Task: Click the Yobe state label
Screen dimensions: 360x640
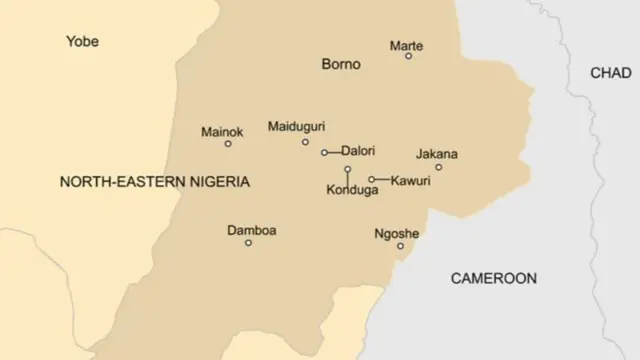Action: [82, 41]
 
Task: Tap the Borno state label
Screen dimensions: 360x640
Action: [340, 64]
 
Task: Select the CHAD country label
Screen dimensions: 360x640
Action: [610, 73]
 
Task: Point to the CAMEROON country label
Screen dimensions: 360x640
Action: [493, 278]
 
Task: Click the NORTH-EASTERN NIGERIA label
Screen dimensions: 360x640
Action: [155, 182]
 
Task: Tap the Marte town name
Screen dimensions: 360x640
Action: [406, 46]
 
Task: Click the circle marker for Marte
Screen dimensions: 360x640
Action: [408, 56]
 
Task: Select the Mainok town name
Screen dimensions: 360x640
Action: [222, 131]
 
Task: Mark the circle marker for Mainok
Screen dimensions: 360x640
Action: [228, 144]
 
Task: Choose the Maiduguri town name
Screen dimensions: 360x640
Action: [297, 126]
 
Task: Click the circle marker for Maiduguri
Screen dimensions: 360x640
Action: [305, 142]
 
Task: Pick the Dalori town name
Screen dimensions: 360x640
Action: [358, 151]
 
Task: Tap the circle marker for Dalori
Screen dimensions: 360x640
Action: [324, 153]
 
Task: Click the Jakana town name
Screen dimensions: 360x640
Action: [436, 154]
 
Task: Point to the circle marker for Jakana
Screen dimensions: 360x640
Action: [438, 167]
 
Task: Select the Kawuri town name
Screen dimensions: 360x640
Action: [410, 180]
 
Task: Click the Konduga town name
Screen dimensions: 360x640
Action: [352, 190]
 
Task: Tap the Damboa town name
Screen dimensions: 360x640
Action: [252, 230]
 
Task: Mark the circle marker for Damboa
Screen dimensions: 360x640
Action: [248, 243]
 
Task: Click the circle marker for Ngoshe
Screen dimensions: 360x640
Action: [401, 246]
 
